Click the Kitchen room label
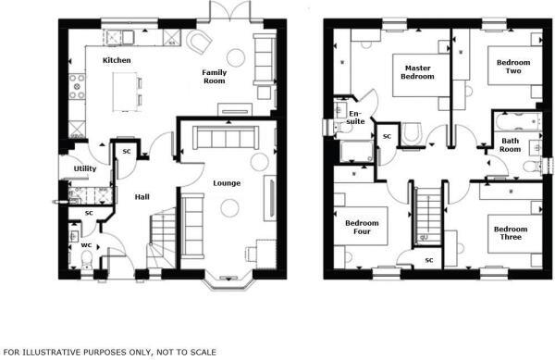click(117, 60)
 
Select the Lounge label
click(227, 182)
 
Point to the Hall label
click(142, 197)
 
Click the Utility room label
click(86, 168)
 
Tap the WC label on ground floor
click(85, 245)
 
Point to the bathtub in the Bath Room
click(515, 120)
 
